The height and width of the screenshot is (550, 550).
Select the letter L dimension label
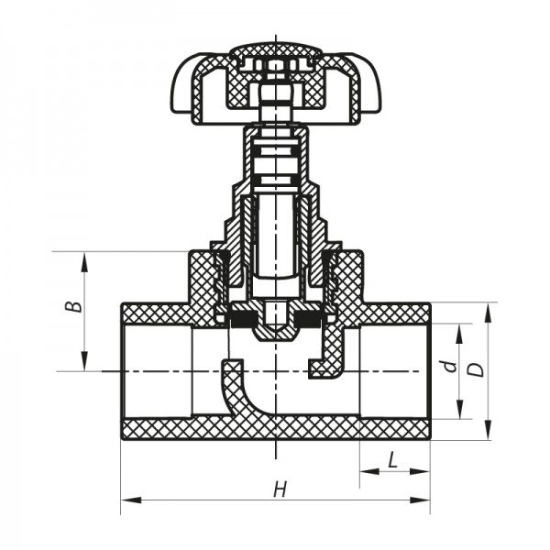pos(392,461)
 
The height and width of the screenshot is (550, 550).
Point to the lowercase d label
pos(447,367)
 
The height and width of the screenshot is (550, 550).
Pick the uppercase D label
pos(475,369)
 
